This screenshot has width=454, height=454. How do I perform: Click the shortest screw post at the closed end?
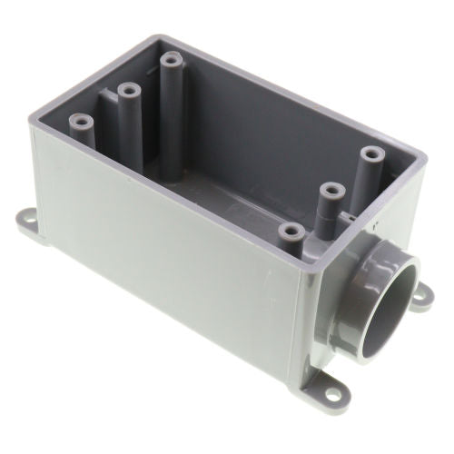[x=82, y=120]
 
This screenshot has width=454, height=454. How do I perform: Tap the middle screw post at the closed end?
[x=128, y=91]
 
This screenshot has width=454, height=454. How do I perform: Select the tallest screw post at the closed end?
[x=172, y=62]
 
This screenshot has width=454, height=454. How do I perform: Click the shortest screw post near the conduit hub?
[x=291, y=232]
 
